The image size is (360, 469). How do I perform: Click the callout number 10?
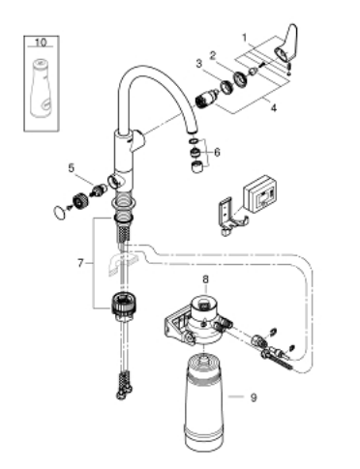coord(41,43)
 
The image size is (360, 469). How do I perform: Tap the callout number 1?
coord(245,38)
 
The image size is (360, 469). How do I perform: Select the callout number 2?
coord(212,55)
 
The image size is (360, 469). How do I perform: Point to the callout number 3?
coord(199,63)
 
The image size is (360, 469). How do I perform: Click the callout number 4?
coord(274,108)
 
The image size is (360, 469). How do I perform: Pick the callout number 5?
coord(72,167)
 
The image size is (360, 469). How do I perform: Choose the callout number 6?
coord(217,152)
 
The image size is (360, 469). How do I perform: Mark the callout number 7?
coord(80,263)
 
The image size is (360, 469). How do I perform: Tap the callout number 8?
coord(205,278)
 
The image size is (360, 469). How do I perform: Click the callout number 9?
coord(254,397)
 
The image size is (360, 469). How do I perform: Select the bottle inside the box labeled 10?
coord(42,88)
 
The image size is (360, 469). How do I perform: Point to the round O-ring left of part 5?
coord(59,212)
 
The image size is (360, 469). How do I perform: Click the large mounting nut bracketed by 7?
coord(124,303)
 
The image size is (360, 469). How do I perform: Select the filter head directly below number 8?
coord(196,321)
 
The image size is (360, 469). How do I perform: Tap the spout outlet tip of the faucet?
coord(192,132)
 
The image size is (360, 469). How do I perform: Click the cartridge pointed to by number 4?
coord(206,98)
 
